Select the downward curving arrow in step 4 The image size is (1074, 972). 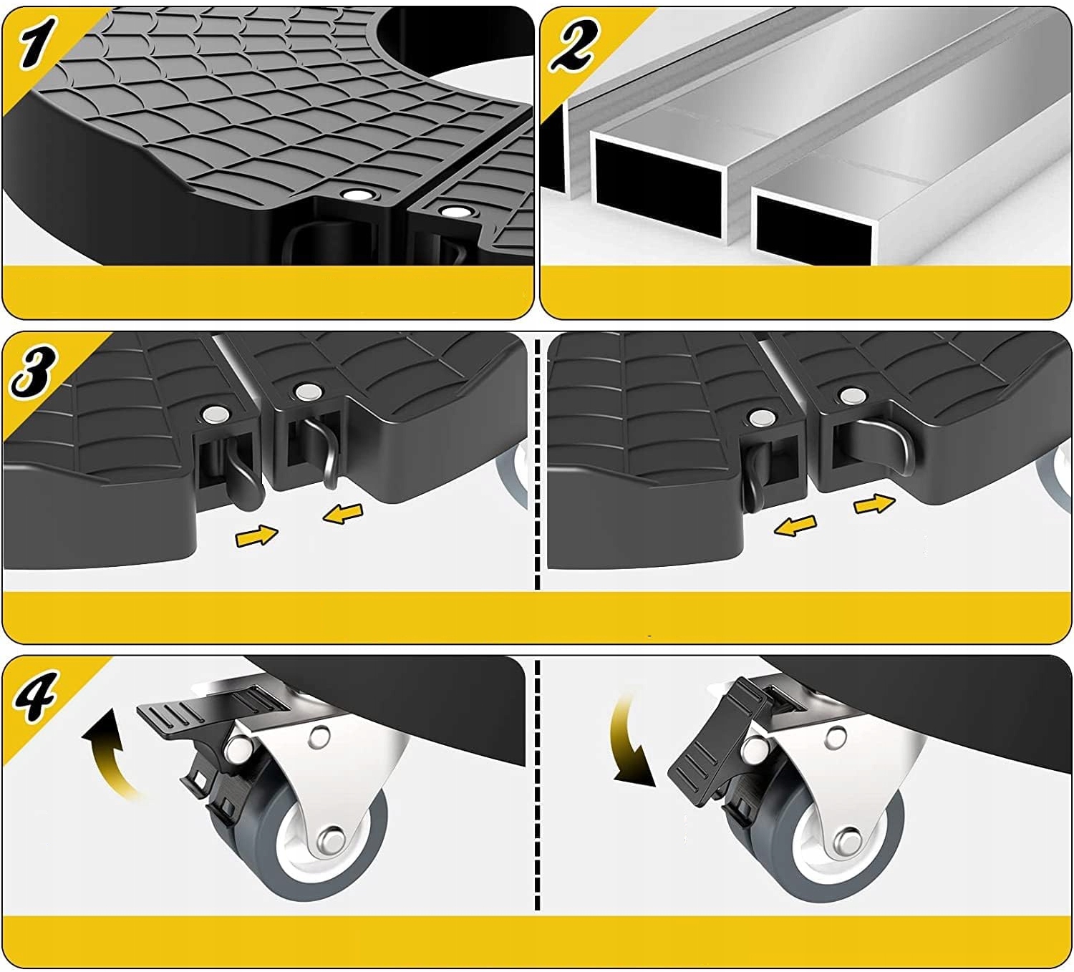(632, 742)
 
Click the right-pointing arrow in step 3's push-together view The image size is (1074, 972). (257, 536)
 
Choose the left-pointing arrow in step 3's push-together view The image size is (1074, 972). (343, 515)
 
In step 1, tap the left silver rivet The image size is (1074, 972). (354, 195)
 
